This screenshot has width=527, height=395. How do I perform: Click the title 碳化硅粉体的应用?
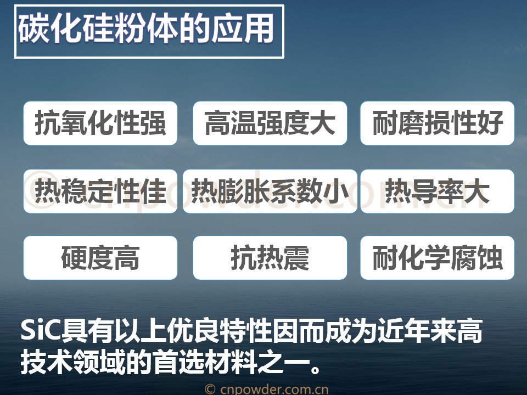(146, 29)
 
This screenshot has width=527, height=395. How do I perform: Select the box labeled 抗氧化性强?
(100, 123)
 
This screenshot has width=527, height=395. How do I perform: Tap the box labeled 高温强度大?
(270, 123)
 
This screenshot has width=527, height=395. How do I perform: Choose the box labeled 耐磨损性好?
(438, 123)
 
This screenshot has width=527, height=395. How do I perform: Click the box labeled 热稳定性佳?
(100, 191)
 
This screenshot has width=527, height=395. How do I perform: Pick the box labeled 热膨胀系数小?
(270, 191)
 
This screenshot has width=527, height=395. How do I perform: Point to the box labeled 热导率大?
(438, 191)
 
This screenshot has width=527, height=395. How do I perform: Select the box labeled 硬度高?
(100, 258)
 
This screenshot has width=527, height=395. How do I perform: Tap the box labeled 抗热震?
(270, 258)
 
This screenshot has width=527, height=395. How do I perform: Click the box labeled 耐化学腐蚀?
(438, 258)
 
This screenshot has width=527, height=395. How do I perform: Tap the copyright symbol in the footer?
(210, 390)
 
